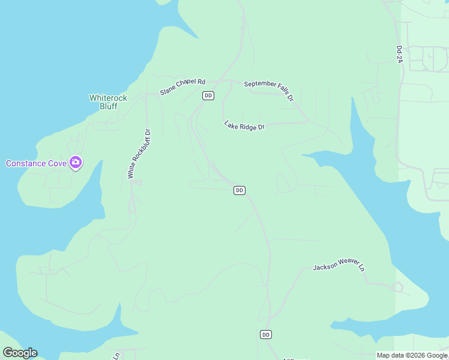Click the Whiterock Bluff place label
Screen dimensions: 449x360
click(103, 102)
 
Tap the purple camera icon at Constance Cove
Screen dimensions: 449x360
click(76, 163)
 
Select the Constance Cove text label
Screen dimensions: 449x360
click(36, 163)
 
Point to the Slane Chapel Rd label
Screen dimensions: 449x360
click(182, 87)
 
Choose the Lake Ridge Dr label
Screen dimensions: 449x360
click(244, 126)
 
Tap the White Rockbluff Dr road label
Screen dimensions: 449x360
click(139, 154)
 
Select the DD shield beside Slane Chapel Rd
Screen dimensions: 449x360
click(208, 96)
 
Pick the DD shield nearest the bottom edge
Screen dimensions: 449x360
click(266, 334)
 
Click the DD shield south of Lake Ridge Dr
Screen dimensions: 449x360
click(239, 190)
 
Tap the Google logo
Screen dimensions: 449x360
click(20, 353)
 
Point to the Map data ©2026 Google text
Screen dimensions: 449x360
click(412, 355)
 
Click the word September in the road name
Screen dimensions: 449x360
click(260, 84)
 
